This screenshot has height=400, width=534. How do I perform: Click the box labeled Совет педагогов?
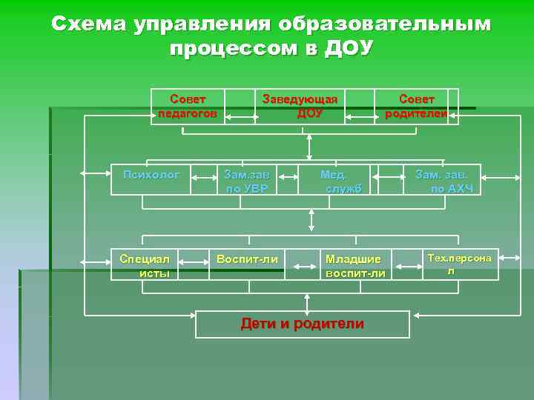click(188, 106)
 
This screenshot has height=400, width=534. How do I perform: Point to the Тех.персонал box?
click(459, 264)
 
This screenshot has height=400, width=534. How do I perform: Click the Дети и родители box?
click(303, 324)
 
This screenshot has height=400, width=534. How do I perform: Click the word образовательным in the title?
click(385, 24)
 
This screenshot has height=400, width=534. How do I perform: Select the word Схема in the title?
click(89, 24)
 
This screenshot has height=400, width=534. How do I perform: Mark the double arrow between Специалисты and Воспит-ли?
click(195, 261)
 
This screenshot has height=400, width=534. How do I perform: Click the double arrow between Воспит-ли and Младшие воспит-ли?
click(302, 264)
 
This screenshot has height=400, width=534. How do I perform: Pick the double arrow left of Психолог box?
click(96, 173)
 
